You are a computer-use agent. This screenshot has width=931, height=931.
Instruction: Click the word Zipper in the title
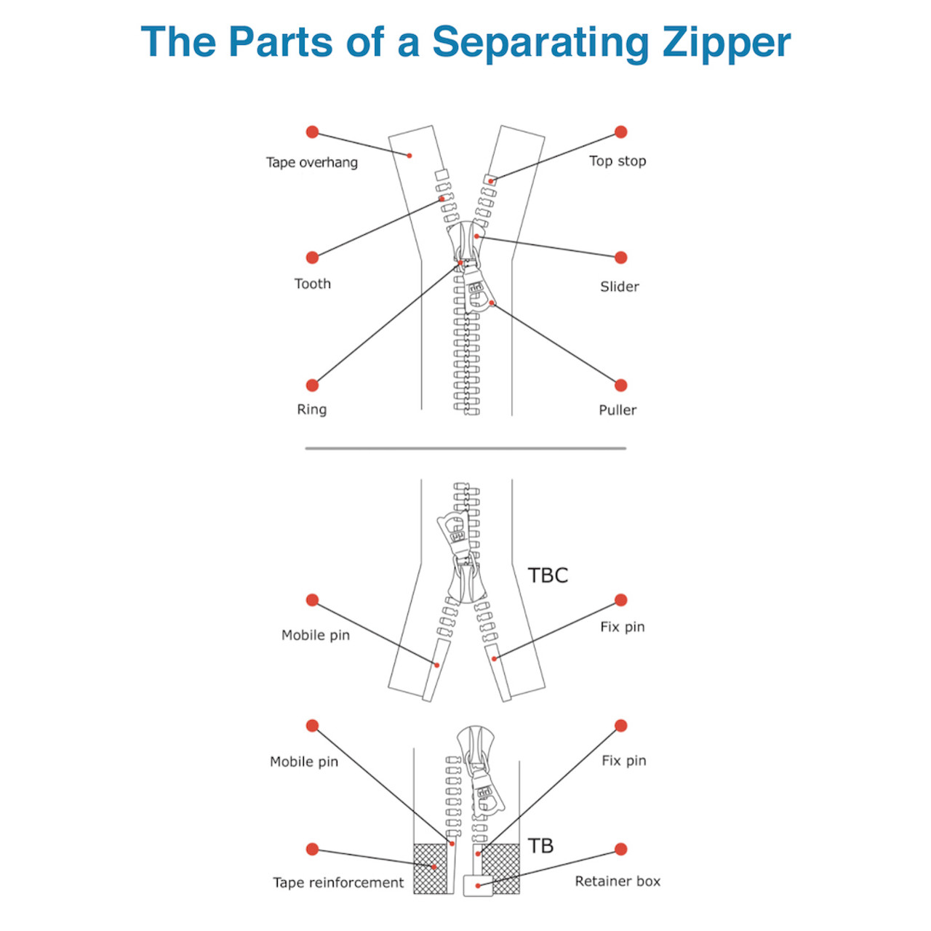726,42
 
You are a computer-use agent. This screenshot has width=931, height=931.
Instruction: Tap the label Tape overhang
311,162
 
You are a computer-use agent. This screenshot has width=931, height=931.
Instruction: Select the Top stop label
618,161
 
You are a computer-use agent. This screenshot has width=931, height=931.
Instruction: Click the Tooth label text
312,284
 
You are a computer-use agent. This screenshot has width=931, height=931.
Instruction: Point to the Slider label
620,287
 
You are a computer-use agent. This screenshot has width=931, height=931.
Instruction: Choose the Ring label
311,409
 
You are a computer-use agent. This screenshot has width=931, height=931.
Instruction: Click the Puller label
618,410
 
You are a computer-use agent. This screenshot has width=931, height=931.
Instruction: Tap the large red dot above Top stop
620,132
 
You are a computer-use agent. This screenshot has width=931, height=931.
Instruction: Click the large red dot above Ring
312,385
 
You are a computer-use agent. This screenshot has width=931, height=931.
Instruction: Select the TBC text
548,575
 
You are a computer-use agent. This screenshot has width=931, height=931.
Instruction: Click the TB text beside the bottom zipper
540,846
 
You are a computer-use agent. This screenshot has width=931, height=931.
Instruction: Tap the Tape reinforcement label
338,882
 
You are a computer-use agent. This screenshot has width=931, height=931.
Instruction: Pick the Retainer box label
618,882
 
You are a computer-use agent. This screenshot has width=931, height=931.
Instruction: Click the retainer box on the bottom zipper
478,885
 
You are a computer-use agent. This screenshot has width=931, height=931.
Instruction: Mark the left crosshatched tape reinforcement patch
430,868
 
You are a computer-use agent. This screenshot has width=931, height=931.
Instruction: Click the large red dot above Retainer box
620,849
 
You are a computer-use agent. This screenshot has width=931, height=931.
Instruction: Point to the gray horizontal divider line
465,448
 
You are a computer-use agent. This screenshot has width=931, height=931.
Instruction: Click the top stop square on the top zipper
490,180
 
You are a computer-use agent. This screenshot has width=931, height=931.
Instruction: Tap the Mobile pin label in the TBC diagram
316,635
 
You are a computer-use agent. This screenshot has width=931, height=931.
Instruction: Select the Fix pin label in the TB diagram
623,761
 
